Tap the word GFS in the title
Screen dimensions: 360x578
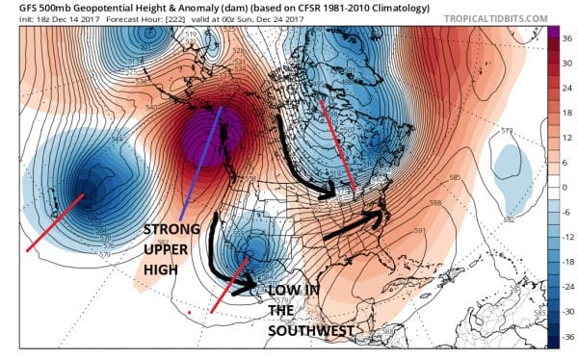pos(17,8)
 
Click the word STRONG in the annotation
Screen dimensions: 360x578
pos(171,230)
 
